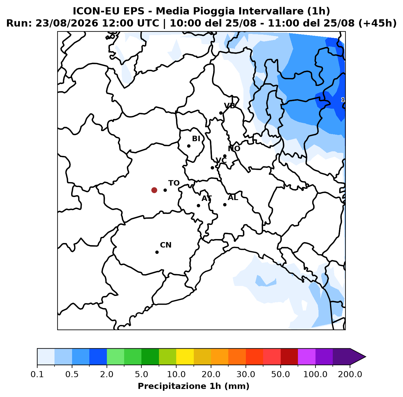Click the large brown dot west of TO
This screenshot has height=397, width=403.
[x=154, y=190]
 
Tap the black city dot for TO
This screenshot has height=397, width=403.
[x=165, y=190]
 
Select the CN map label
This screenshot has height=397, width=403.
[x=166, y=245]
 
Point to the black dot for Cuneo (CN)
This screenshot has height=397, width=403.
[x=157, y=252]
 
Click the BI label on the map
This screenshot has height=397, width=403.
[x=196, y=139]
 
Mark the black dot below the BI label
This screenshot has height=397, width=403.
[x=189, y=146]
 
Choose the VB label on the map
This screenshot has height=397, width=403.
[x=230, y=106]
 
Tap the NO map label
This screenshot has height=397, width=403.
[x=234, y=149]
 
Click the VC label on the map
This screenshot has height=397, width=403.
[x=221, y=160]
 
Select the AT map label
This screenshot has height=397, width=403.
[x=206, y=198]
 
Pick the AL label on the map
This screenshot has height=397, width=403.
[x=233, y=197]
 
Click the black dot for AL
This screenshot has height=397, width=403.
[x=225, y=205]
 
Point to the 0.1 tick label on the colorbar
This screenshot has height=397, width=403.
[x=37, y=374]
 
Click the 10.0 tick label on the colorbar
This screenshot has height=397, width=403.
[x=176, y=374]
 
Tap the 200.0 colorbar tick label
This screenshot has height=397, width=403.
[x=350, y=374]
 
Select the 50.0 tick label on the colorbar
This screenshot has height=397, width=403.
[x=280, y=374]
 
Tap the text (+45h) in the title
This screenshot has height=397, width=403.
[x=377, y=23]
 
